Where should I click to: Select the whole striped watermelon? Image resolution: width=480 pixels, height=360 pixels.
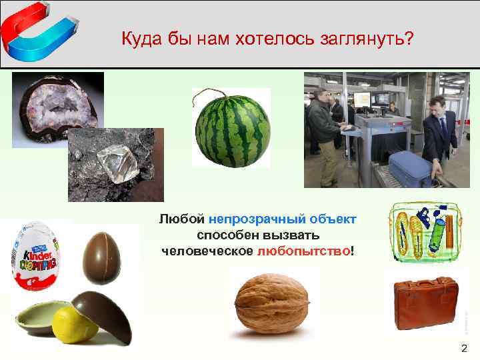point(233,129)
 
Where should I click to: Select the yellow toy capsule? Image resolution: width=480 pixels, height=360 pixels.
point(75,324)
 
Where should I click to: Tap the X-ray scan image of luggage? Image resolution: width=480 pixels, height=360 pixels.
point(421,233)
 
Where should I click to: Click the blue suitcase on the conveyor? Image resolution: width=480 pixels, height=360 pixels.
point(409,168)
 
